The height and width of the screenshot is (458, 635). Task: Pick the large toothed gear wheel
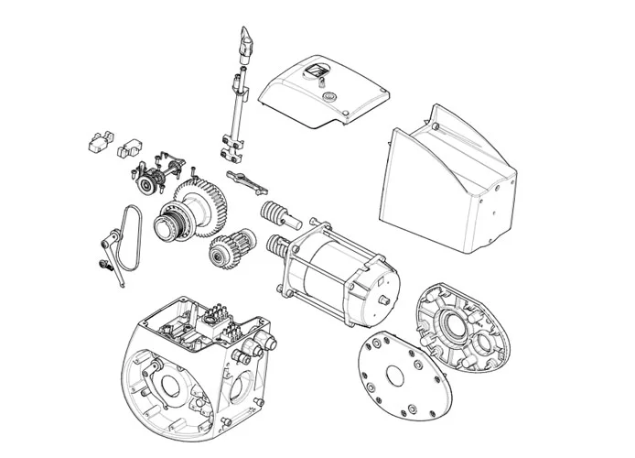tap(197, 207)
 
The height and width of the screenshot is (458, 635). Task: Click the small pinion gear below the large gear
tap(226, 248)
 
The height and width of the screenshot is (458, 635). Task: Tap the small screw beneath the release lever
tap(102, 266)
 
